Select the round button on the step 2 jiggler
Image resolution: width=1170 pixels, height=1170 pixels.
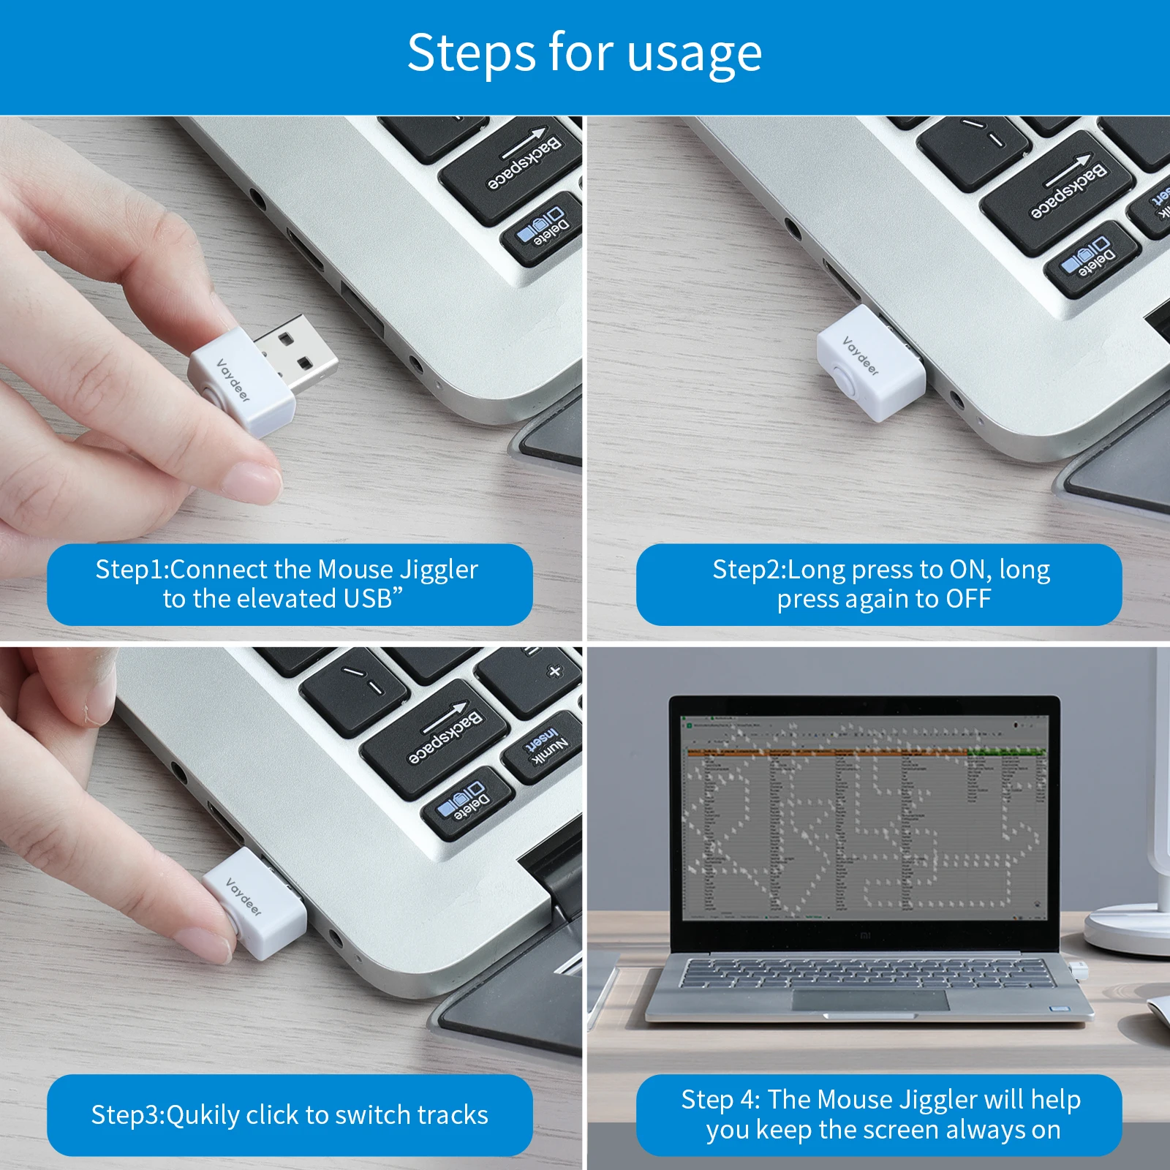point(845,381)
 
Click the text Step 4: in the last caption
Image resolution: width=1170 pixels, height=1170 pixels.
point(721,1100)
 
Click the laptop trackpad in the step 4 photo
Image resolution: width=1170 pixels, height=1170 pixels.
point(870,1000)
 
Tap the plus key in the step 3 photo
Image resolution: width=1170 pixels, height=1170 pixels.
point(554,671)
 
